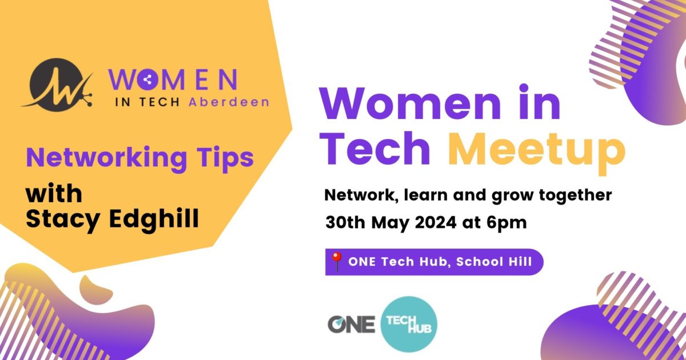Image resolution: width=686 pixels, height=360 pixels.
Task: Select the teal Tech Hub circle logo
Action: [x=408, y=324]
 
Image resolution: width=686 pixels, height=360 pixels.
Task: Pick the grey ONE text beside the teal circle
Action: [x=352, y=324]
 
